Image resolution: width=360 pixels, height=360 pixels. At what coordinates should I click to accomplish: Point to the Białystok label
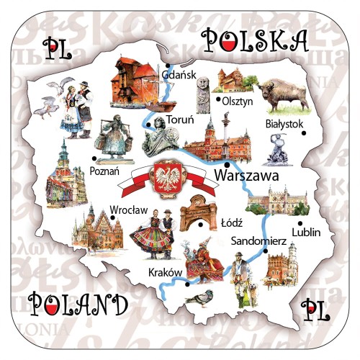point(285,124)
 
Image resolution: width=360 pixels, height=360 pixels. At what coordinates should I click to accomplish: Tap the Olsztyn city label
point(237,101)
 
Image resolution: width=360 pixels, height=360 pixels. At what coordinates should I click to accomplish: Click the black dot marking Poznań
point(94,159)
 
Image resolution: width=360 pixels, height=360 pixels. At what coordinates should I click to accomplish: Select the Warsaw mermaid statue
point(274,152)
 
